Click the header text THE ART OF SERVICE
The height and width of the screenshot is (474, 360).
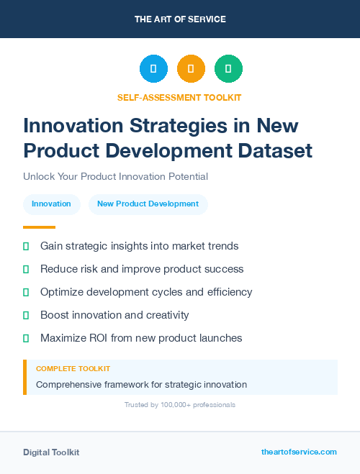point(180,19)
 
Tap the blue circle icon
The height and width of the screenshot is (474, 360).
point(153,69)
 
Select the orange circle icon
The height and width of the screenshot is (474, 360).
point(191,69)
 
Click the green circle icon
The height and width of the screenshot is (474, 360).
point(228,69)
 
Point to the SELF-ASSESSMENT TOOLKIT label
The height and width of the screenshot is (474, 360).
point(179,97)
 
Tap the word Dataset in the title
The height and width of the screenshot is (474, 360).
point(276,150)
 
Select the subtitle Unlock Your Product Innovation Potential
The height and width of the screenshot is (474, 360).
point(115,176)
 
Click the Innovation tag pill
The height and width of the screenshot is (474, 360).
point(51,204)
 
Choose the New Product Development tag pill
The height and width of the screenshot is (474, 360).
point(148,204)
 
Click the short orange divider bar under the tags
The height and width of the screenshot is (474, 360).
point(39,227)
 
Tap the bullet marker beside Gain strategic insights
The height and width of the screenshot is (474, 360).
point(26,246)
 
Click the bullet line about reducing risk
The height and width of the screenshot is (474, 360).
point(142,269)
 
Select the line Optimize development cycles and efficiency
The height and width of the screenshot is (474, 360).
point(146,292)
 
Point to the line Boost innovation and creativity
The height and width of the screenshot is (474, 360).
point(114,315)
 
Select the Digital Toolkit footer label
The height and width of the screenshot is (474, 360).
point(51,452)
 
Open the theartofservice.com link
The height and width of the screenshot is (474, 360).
point(299,452)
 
